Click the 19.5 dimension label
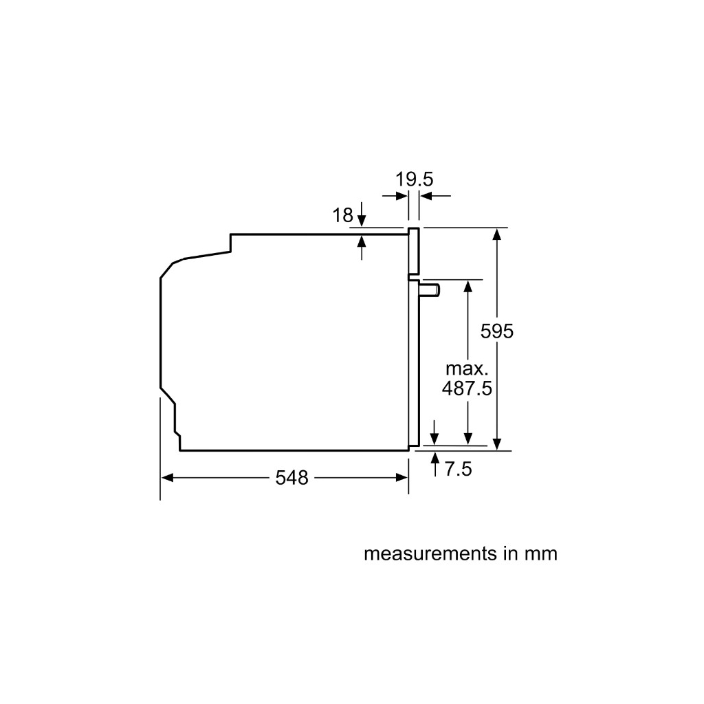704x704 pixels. click(414, 180)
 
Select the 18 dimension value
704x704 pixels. click(342, 215)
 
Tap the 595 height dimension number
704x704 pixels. click(497, 331)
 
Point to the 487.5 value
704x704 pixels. click(467, 388)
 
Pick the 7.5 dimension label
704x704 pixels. click(458, 470)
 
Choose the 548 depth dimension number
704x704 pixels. click(292, 478)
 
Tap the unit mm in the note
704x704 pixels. click(541, 553)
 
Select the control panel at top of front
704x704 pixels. click(414, 252)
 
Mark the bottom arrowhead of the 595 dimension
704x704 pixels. click(498, 443)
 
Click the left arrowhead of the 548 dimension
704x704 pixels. click(167, 478)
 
